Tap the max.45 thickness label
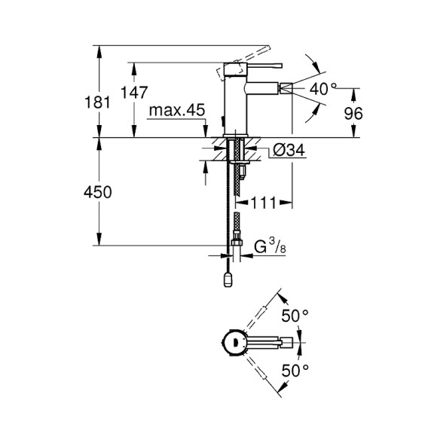click(176, 112)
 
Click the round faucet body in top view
click(234, 344)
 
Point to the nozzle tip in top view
click(286, 344)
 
